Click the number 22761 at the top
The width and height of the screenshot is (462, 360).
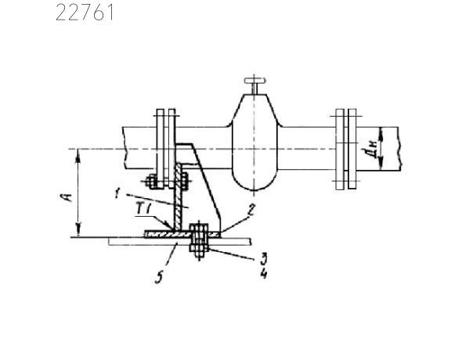coord(85,13)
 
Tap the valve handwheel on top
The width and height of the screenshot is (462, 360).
coord(255,80)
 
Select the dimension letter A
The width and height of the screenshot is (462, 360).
coord(68,197)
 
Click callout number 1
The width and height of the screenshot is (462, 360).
coord(117,193)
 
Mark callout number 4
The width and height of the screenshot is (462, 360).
coord(263,274)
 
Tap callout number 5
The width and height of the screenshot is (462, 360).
coord(159,278)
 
